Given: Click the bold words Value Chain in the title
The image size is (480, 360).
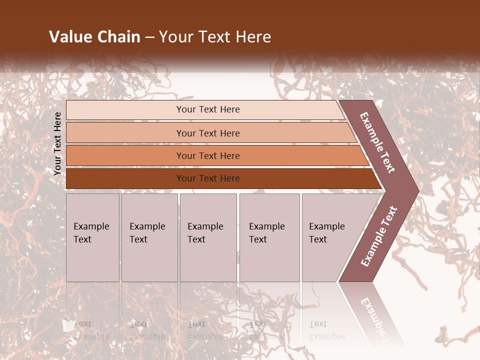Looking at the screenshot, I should [94, 37].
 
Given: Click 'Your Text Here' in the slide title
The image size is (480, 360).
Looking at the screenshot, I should [215, 37].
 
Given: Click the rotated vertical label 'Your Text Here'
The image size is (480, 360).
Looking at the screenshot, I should [57, 143].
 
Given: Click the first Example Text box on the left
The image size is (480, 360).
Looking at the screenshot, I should [92, 237].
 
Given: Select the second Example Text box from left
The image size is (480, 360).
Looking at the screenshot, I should [149, 237].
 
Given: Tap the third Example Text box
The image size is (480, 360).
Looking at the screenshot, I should [207, 237].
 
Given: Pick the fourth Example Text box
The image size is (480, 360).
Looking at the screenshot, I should [269, 237].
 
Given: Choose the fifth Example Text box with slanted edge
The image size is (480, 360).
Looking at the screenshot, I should [330, 237].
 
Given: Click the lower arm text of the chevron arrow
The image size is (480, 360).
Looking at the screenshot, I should [379, 236].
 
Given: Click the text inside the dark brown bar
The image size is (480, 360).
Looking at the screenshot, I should [208, 178].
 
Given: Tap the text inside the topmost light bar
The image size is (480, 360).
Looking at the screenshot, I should [208, 109].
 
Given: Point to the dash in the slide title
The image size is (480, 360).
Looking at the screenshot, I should [149, 37].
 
